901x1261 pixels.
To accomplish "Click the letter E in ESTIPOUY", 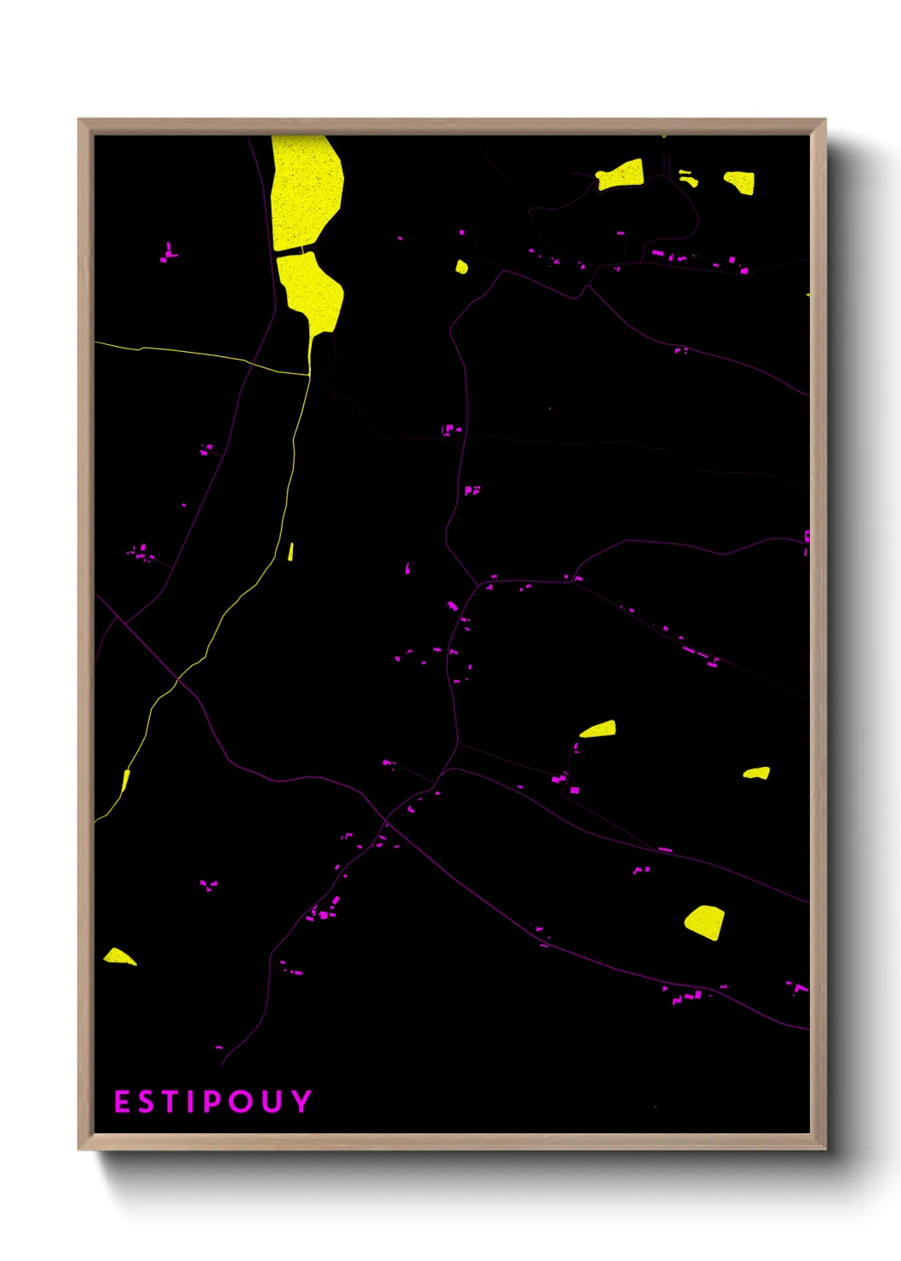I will pyautogui.click(x=122, y=1102).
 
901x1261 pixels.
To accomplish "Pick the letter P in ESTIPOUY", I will pyautogui.click(x=210, y=1102).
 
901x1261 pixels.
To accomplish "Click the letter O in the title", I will pyautogui.click(x=240, y=1102).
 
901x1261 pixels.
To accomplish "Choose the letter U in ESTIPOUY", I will pyautogui.click(x=272, y=1102).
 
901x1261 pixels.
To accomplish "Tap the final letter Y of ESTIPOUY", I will pyautogui.click(x=301, y=1102).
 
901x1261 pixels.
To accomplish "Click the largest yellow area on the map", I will pyautogui.click(x=305, y=192).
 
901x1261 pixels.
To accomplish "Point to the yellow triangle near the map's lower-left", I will pyautogui.click(x=118, y=957).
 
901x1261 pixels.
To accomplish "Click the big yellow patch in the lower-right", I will pyautogui.click(x=705, y=922).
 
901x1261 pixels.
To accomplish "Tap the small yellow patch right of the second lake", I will pyautogui.click(x=462, y=267).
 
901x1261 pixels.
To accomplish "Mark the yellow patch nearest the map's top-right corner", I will pyautogui.click(x=739, y=181).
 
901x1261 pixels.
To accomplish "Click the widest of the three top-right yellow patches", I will pyautogui.click(x=620, y=175).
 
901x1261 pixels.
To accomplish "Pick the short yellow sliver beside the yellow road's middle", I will pyautogui.click(x=290, y=551).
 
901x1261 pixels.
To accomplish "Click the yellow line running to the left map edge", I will pyautogui.click(x=170, y=350).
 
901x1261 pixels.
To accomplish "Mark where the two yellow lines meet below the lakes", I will pyautogui.click(x=308, y=374).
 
